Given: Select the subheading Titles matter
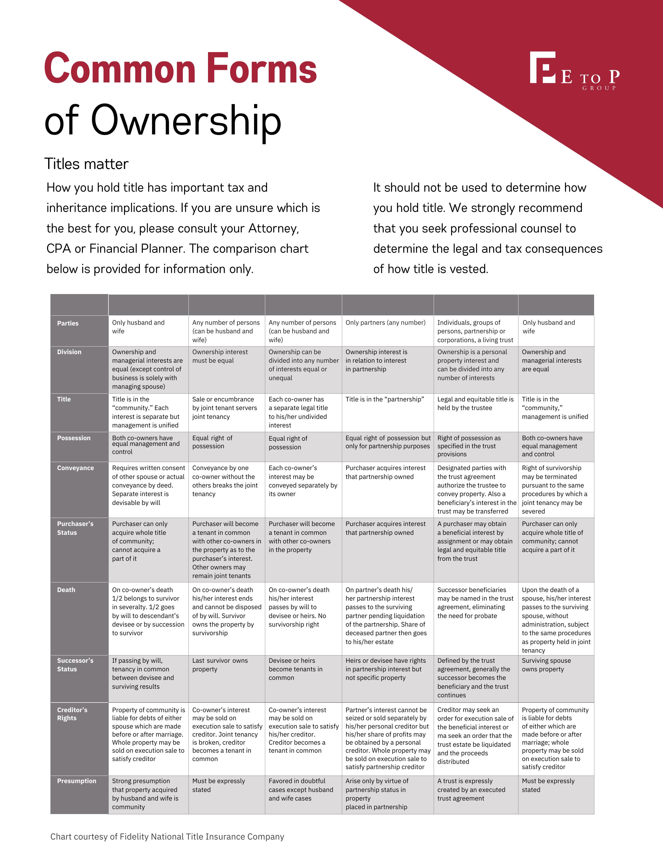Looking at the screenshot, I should (86, 164).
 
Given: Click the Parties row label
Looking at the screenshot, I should (68, 323).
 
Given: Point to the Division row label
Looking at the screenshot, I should (69, 352).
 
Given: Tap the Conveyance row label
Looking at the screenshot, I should (75, 468).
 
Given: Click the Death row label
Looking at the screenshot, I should (66, 590).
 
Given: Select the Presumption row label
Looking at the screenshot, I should (77, 781).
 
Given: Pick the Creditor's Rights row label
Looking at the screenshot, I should (72, 714).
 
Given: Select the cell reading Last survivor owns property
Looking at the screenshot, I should (220, 665).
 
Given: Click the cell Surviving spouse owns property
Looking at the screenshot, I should (546, 665).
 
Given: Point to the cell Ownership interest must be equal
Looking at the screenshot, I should (220, 356).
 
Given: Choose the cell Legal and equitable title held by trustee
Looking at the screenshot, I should (475, 404).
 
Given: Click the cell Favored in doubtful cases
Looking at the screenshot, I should (301, 790).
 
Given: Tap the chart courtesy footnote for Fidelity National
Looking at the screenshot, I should (167, 837).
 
